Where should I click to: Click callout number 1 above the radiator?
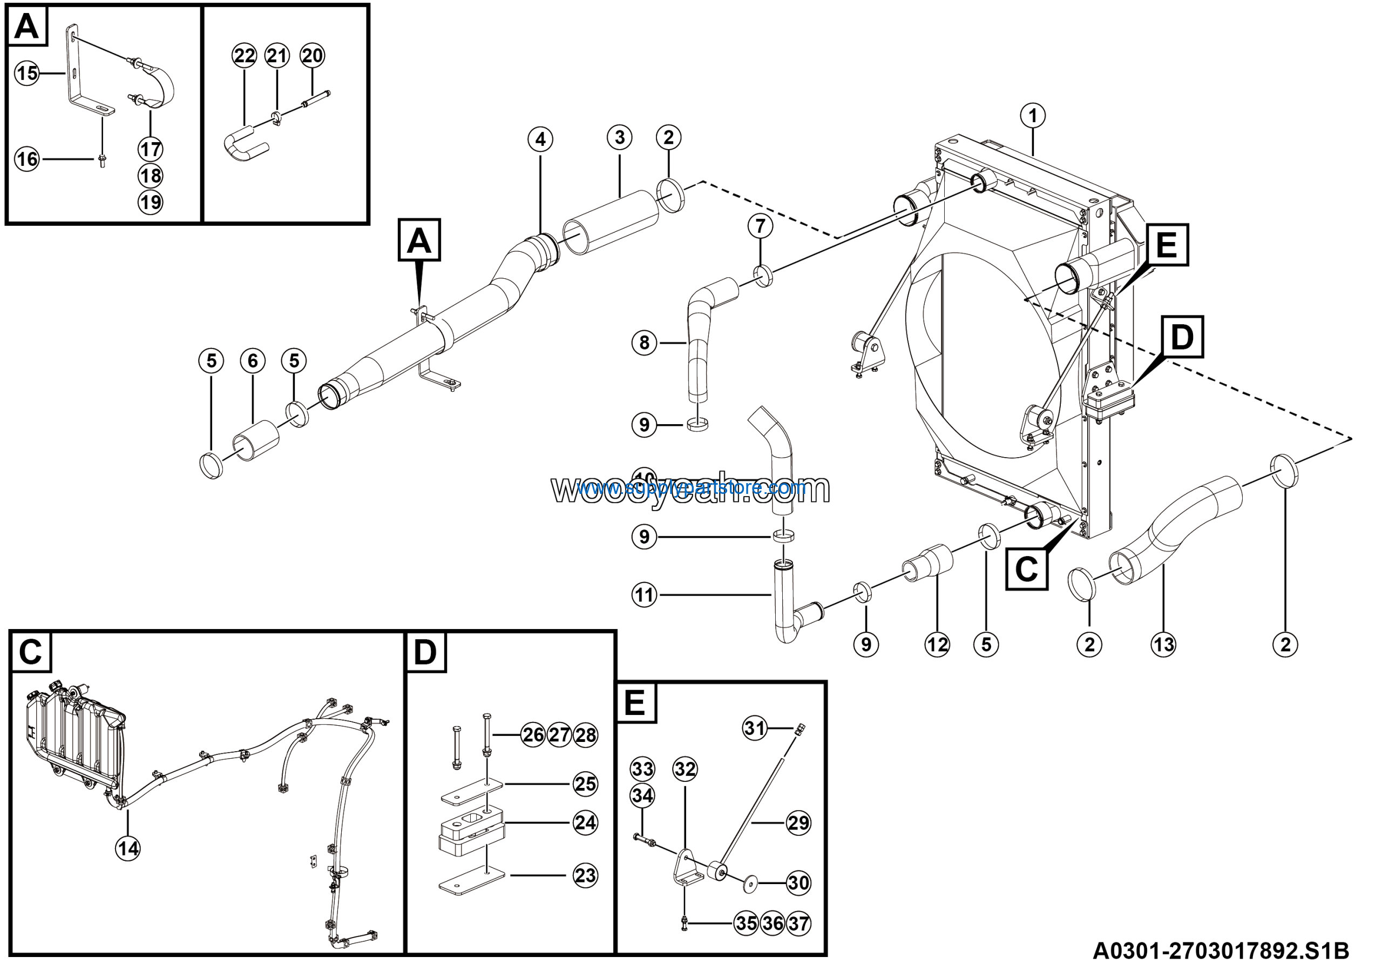tap(1033, 116)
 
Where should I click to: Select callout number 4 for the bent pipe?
tap(540, 140)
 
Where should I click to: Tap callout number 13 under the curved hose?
tap(1163, 645)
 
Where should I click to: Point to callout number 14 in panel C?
tap(127, 849)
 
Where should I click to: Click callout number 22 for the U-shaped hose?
tap(245, 56)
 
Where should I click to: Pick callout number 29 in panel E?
tap(798, 823)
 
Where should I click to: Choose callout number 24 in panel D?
tap(585, 823)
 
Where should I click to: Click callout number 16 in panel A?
tap(27, 159)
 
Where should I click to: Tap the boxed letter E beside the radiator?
tap(1167, 245)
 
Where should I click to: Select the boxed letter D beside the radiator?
tap(1182, 337)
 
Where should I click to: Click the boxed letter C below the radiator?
tap(1027, 568)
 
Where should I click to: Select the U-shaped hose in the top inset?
tap(244, 145)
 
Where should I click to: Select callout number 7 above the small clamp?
tap(760, 226)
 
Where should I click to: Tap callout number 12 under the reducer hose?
tap(937, 645)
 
